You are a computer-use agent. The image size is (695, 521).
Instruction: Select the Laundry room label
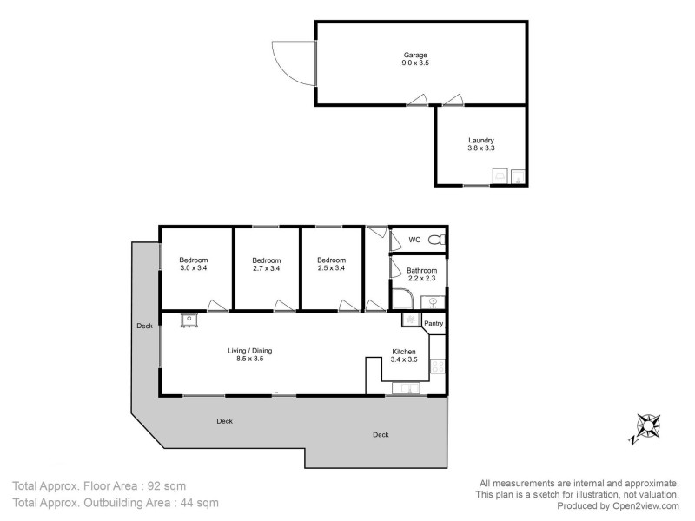[480, 139]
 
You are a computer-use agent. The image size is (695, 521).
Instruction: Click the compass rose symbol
[647, 427]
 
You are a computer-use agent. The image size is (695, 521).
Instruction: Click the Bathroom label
[422, 270]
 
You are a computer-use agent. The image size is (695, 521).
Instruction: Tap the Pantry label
[434, 324]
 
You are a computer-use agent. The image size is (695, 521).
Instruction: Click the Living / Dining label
[249, 350]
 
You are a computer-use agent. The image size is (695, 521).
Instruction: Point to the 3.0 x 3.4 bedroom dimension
[195, 268]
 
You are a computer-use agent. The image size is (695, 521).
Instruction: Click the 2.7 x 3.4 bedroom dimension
[266, 268]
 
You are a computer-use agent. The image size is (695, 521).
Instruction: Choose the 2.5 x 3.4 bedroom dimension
[331, 268]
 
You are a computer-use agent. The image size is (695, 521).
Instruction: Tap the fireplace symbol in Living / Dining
[189, 320]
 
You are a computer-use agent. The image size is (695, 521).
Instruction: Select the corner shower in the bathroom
[400, 300]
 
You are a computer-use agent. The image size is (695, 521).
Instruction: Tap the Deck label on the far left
[144, 326]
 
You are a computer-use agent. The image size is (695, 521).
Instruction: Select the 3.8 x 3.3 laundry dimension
[480, 148]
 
